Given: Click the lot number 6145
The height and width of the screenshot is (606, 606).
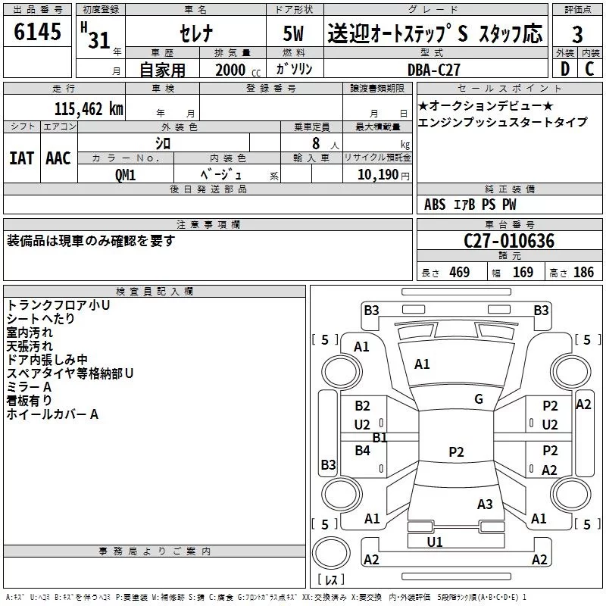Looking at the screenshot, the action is tap(38, 33).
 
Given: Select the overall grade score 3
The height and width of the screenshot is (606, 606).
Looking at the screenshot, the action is tap(577, 34).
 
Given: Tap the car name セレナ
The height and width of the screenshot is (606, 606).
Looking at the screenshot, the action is tap(195, 35).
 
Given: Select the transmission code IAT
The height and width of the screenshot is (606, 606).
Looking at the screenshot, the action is tap(20, 158).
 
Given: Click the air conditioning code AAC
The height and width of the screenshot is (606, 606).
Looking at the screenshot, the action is tap(58, 158).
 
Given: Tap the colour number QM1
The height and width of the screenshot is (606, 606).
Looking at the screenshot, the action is tap(125, 173).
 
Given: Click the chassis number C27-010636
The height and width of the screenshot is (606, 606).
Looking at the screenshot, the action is tap(509, 241).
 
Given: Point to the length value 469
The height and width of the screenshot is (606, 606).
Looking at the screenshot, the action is tap(459, 272).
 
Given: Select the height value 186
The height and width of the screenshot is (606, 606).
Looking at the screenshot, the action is tap(583, 272).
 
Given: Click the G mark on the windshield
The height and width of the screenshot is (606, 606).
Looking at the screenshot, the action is tap(479, 398).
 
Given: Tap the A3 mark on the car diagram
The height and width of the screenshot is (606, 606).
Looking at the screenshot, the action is tap(485, 504).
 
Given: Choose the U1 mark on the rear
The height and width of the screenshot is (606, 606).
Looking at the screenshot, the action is tap(435, 542).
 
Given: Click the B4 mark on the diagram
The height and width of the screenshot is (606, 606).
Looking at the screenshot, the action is tap(363, 451).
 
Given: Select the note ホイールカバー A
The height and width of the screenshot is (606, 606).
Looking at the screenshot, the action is tap(52, 414).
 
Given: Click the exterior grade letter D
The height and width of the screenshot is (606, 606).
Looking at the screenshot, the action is tap(564, 69).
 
